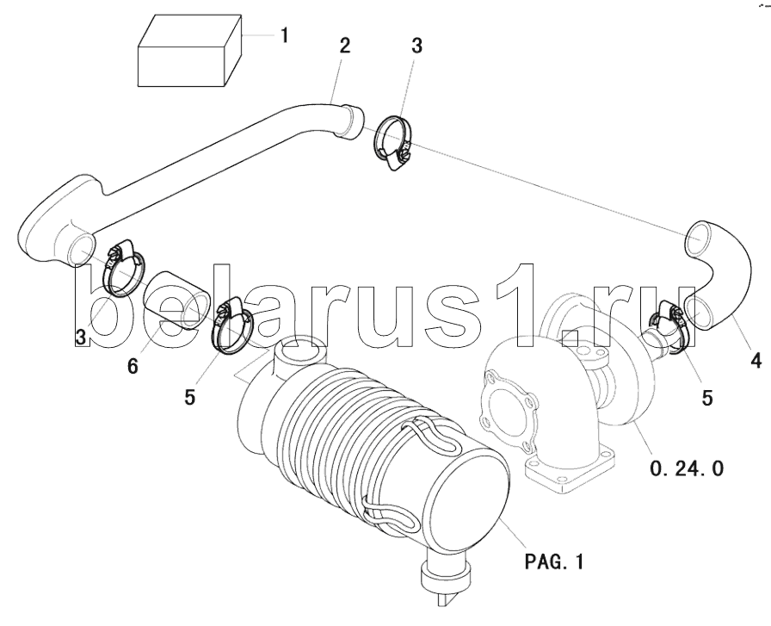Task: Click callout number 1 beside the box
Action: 284,36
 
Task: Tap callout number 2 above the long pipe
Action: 344,46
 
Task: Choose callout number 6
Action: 133,366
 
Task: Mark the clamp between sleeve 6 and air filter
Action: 231,328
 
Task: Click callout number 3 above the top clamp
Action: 416,46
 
